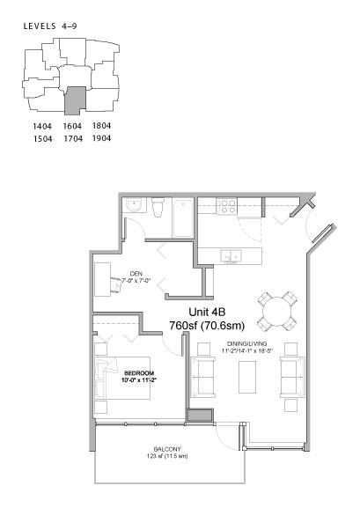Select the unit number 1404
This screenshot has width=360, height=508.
40,127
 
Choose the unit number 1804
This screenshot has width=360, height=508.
101,127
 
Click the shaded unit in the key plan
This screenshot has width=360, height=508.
76,99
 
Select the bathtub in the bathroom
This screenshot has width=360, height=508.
181,217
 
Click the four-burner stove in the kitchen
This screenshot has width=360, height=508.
227,207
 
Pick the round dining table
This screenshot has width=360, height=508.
277,310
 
